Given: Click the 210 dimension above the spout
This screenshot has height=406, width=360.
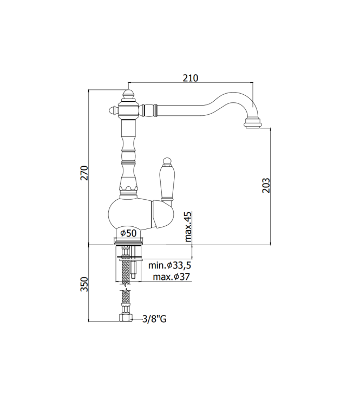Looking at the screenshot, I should pos(190,78).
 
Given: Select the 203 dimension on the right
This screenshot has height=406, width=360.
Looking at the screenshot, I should pos(265,186).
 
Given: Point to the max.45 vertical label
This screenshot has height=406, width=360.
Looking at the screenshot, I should pos(188,226).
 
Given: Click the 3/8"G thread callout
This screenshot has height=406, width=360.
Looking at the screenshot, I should pos(154,319).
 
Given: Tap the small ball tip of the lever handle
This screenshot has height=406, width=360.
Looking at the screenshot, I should pos(166,160).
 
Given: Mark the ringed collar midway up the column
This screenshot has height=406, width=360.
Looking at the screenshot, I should pos(128,158).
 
